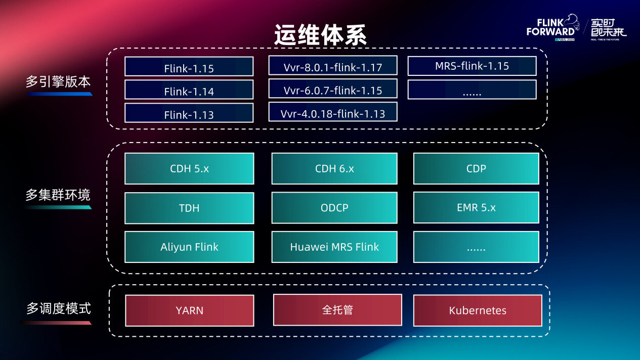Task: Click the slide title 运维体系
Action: click(x=320, y=35)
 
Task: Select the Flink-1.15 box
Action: click(x=189, y=67)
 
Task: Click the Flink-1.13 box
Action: click(x=189, y=113)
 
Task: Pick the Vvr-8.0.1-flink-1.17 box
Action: click(x=333, y=66)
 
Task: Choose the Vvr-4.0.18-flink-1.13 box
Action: click(x=333, y=112)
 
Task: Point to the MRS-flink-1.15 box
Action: click(x=472, y=66)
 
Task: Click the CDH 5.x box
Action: click(x=189, y=169)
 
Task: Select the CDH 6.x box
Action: click(x=334, y=169)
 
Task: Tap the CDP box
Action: click(x=476, y=169)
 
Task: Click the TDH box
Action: click(x=189, y=208)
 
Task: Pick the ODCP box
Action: click(x=334, y=208)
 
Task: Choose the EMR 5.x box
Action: click(x=476, y=208)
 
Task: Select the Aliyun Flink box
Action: click(x=189, y=247)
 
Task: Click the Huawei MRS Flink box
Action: click(x=334, y=247)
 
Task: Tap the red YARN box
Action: click(x=189, y=310)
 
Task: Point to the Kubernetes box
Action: click(x=478, y=310)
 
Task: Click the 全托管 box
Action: click(x=337, y=310)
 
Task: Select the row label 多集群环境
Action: click(x=58, y=195)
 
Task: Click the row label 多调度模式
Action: click(x=58, y=308)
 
